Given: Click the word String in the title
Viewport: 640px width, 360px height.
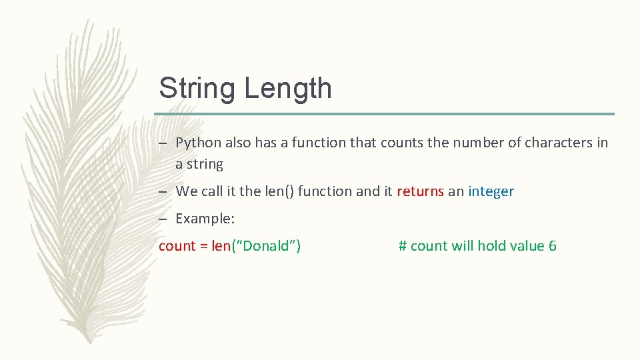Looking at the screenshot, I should click(197, 89).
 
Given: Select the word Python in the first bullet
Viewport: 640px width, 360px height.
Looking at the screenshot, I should click(198, 143).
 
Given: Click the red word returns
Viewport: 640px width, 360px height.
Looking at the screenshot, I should click(420, 192).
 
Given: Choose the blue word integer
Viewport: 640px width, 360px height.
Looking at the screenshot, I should click(491, 192).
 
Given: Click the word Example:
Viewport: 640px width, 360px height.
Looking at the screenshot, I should click(205, 219).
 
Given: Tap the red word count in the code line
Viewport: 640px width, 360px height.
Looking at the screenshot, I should click(176, 246).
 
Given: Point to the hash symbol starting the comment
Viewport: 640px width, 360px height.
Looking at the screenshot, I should click(403, 246).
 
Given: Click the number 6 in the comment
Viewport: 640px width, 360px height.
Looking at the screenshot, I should click(552, 246).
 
